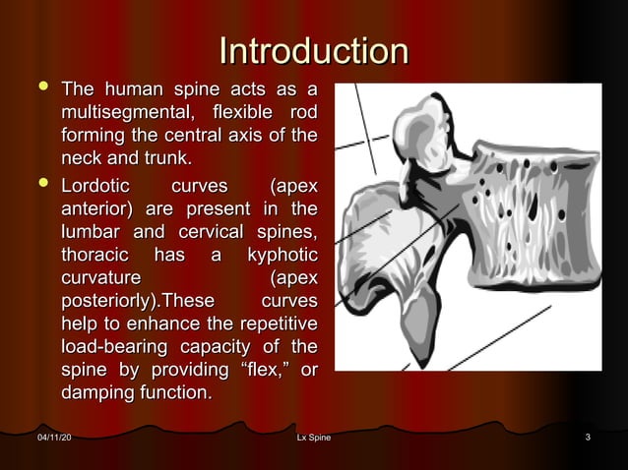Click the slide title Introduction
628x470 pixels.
(314, 51)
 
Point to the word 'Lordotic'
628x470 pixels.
(99, 185)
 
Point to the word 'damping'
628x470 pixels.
(100, 394)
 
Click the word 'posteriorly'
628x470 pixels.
(109, 301)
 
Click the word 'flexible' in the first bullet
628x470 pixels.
(240, 113)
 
